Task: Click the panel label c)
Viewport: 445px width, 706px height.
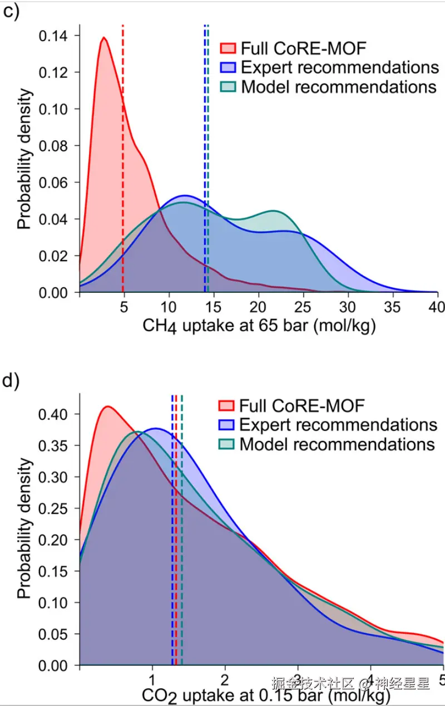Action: [x=11, y=12]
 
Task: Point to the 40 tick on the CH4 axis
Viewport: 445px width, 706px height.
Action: [x=437, y=307]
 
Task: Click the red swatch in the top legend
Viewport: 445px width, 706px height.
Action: [x=228, y=48]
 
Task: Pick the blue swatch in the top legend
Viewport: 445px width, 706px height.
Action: [x=228, y=68]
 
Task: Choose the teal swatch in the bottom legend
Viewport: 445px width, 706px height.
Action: [x=227, y=444]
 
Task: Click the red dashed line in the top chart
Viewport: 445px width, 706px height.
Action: [x=122, y=167]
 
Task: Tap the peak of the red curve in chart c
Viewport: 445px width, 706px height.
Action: [x=103, y=38]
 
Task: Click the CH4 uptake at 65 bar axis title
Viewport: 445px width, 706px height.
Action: [x=259, y=326]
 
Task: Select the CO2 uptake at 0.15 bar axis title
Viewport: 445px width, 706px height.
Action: [x=259, y=695]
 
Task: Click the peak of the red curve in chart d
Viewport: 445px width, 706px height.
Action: [x=107, y=406]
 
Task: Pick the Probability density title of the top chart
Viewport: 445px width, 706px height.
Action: [x=23, y=161]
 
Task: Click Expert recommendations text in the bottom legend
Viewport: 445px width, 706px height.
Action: [x=338, y=425]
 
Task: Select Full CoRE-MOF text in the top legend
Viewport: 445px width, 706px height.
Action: [x=304, y=48]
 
